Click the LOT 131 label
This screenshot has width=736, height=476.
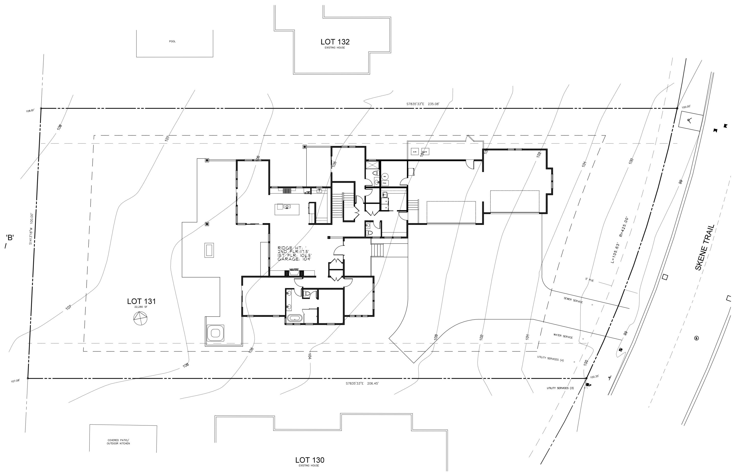click(141, 301)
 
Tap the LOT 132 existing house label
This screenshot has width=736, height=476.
click(335, 42)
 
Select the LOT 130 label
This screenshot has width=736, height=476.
click(310, 460)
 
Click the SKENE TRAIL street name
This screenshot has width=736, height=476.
click(705, 247)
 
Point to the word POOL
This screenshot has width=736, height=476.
click(172, 41)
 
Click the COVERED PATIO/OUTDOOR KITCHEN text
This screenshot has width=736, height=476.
click(118, 442)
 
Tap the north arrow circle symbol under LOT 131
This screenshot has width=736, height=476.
click(140, 318)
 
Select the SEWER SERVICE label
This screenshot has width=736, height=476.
click(573, 300)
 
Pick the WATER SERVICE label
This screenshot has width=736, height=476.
click(563, 336)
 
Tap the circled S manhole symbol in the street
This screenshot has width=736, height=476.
click(697, 338)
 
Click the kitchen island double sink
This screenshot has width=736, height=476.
click(287, 206)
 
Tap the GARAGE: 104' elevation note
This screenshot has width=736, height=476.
click(294, 259)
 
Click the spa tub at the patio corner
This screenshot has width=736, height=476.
click(215, 333)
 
